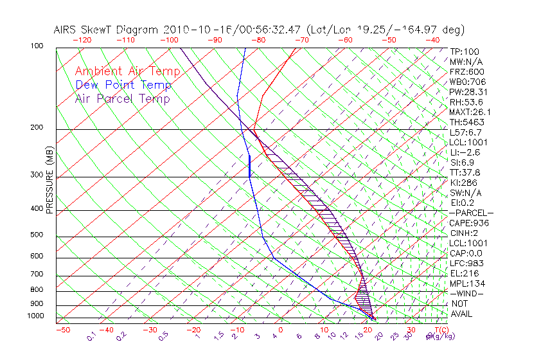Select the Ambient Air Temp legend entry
[128, 71]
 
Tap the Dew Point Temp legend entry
[123, 85]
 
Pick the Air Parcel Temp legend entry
[123, 98]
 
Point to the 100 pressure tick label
[37, 46]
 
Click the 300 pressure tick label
[37, 175]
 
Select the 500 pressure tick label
[37, 235]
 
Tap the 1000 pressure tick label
[35, 316]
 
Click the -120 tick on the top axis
[82, 40]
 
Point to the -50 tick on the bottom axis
[62, 330]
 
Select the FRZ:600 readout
[467, 72]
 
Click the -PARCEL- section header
[471, 213]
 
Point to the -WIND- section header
[467, 293]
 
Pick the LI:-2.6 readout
[465, 152]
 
